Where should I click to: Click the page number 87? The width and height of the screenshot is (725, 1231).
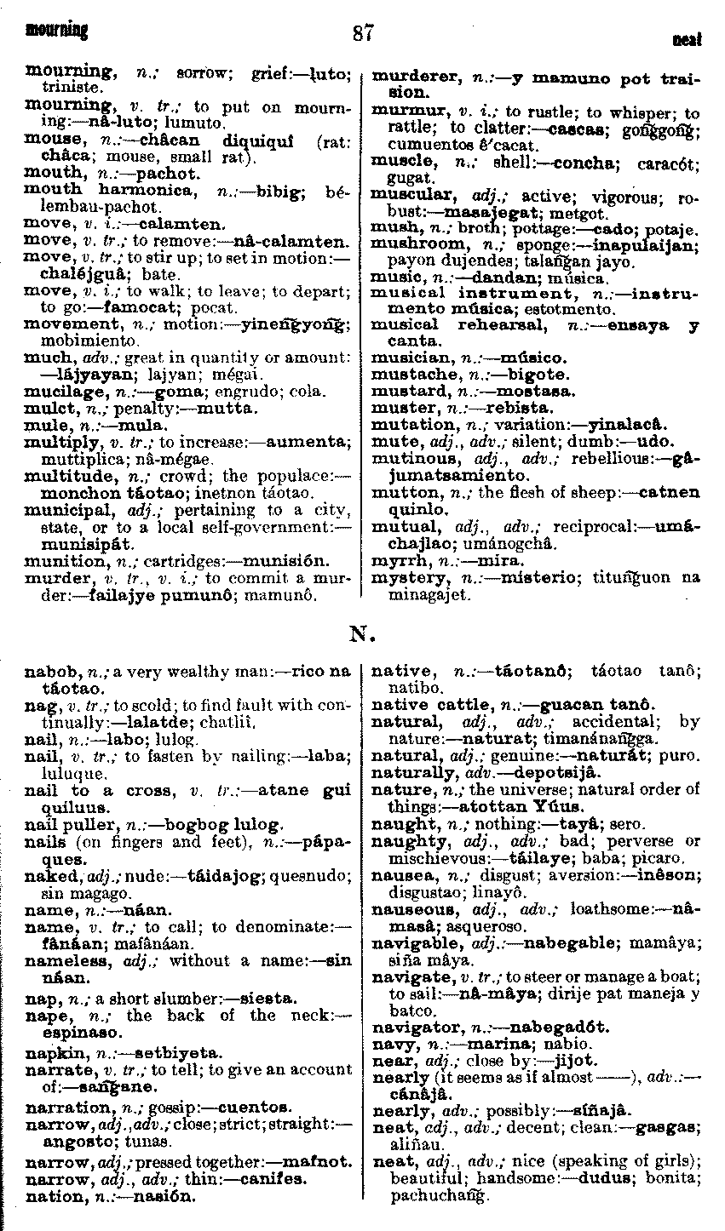click(x=362, y=34)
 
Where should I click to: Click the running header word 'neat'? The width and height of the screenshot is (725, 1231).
click(x=687, y=39)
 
